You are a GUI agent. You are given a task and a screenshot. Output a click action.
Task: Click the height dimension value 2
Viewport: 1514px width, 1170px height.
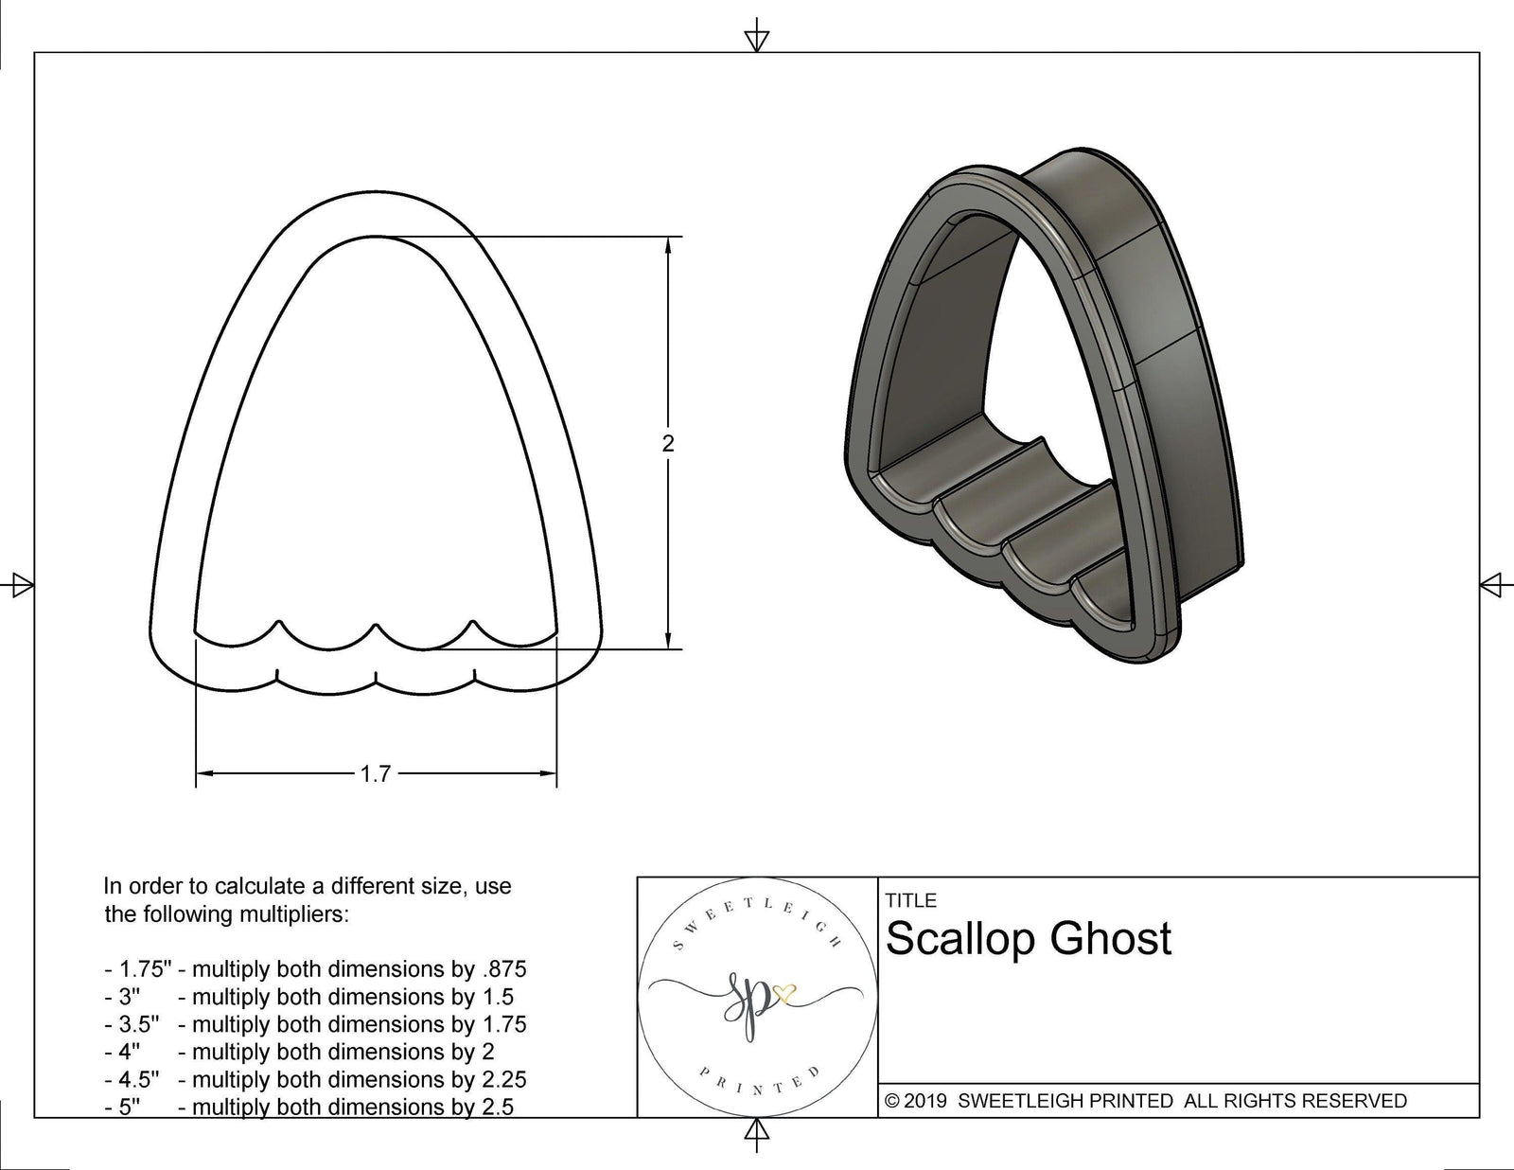coord(668,443)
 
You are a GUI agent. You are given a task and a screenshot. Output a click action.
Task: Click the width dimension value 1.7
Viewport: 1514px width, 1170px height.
coord(376,773)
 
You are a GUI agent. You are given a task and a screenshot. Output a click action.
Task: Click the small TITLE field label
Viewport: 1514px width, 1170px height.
coord(911,900)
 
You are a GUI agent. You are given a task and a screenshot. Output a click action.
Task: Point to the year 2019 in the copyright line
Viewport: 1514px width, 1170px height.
coord(926,1101)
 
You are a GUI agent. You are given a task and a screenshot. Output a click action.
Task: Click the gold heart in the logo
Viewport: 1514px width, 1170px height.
coord(784,992)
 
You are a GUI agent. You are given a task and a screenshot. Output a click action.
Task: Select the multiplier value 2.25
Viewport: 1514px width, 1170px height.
coord(504,1079)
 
